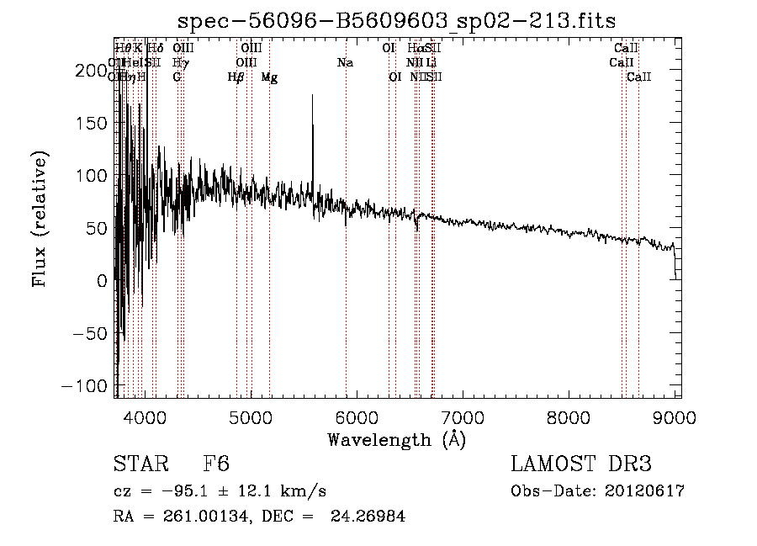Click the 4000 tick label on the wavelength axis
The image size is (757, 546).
click(x=147, y=416)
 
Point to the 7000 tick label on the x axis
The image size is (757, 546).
click(x=463, y=416)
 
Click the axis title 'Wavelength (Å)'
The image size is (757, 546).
click(x=397, y=439)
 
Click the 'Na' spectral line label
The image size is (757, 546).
click(x=345, y=62)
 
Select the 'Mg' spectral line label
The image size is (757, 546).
click(x=269, y=77)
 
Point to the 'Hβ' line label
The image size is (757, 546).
click(x=236, y=77)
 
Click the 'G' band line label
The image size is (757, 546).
click(x=177, y=77)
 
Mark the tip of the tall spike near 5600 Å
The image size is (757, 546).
click(x=313, y=95)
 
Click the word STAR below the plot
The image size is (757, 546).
click(x=140, y=464)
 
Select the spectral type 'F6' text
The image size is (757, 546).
click(x=216, y=464)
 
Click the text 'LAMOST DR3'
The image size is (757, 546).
click(x=581, y=464)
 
